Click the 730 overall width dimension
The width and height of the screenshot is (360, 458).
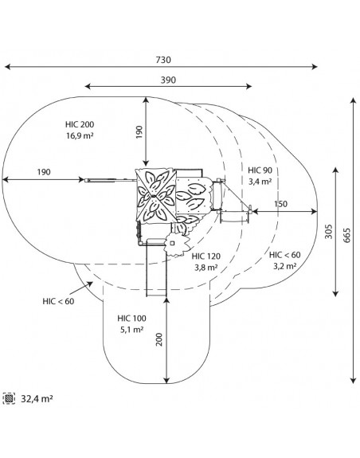[163, 60]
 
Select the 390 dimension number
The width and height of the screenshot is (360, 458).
[169, 80]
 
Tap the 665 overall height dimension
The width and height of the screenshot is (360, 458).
[346, 235]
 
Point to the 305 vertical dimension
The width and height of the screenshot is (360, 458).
[329, 231]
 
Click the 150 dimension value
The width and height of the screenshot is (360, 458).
[280, 204]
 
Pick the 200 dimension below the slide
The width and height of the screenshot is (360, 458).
[159, 339]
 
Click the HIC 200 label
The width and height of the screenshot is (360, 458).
[80, 124]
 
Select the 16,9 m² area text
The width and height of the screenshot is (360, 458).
[80, 135]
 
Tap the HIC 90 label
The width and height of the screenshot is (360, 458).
[260, 170]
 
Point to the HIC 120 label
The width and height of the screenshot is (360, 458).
[205, 256]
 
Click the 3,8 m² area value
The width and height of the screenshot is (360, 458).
[205, 268]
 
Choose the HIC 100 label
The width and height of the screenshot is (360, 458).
[132, 319]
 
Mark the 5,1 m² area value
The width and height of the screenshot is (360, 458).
[132, 330]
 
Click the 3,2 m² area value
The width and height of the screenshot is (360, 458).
[285, 266]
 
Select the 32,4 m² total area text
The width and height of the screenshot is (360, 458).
[37, 399]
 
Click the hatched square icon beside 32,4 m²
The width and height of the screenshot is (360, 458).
[9, 398]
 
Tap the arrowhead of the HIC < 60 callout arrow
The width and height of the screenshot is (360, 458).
[90, 284]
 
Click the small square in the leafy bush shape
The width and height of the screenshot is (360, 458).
[172, 243]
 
